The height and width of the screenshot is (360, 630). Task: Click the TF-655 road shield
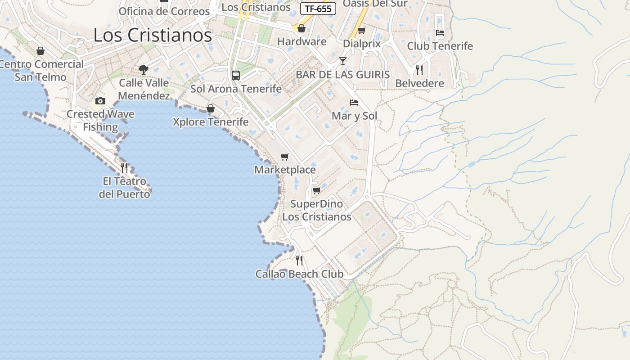(318, 9)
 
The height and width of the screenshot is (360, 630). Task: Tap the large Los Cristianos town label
(153, 35)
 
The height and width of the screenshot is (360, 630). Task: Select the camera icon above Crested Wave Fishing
(100, 101)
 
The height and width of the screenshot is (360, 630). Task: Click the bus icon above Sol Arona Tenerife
(236, 75)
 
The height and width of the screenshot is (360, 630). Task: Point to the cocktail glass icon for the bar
(343, 61)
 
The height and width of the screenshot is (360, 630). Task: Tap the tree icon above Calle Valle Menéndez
(144, 69)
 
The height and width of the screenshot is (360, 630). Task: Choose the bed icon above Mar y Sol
(354, 103)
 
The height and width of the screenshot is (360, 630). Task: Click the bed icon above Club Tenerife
(440, 33)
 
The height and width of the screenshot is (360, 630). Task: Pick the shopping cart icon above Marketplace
(284, 157)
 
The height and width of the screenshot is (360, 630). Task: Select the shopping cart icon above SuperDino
(316, 190)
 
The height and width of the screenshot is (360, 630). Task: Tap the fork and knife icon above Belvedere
(419, 70)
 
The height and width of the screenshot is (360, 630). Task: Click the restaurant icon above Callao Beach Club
(299, 261)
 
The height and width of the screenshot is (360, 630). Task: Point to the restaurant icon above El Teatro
(124, 168)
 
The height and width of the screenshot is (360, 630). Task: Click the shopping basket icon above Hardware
(301, 28)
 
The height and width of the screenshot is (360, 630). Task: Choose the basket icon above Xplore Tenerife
(210, 108)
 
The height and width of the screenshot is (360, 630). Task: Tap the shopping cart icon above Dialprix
(361, 30)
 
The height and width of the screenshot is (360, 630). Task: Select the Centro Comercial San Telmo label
(41, 71)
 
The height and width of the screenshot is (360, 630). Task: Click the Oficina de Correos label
(164, 11)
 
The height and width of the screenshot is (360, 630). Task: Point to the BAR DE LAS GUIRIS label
(342, 75)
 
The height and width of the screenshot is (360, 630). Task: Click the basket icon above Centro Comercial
(40, 51)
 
